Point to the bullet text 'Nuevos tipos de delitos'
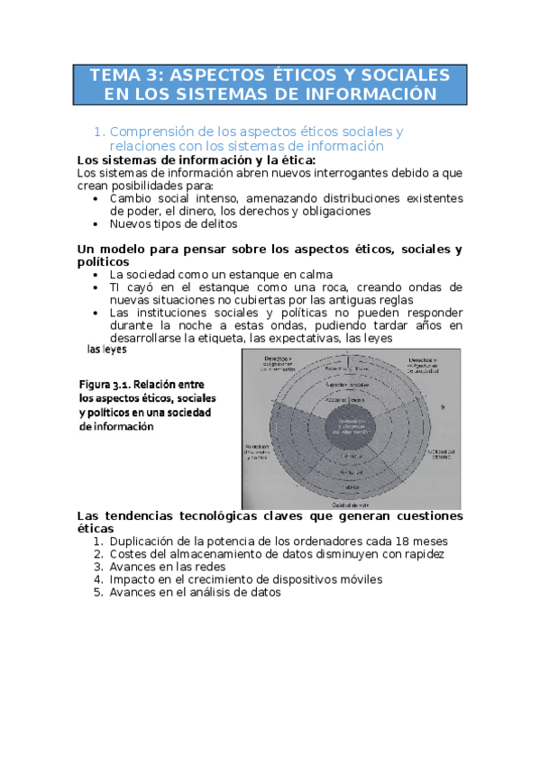coord(173,223)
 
